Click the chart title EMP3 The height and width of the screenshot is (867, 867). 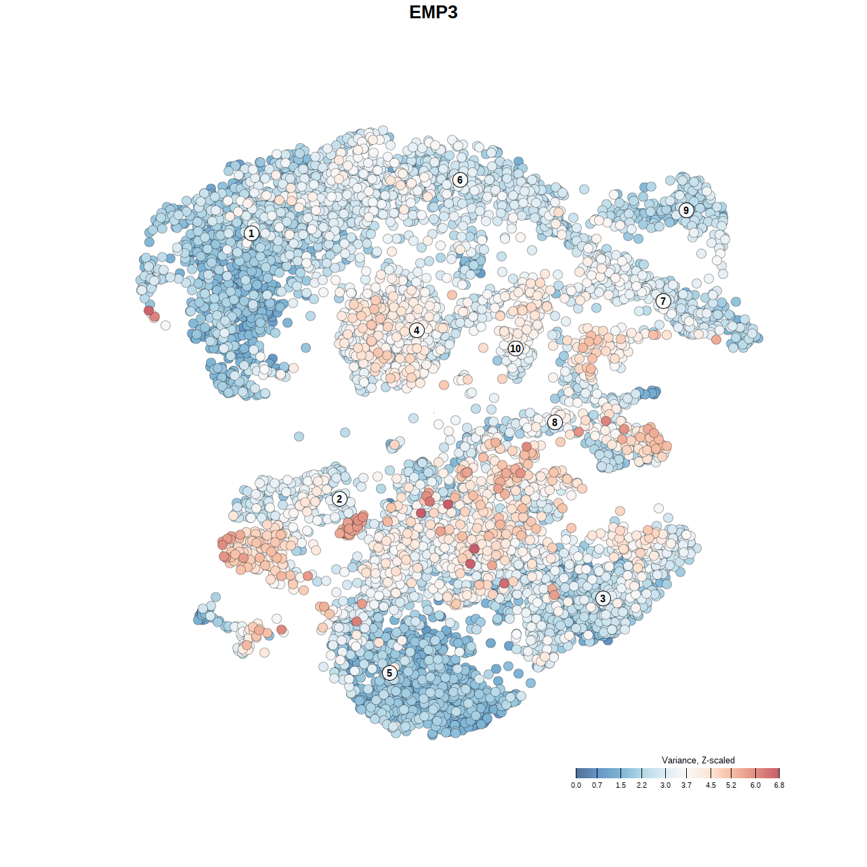click(433, 12)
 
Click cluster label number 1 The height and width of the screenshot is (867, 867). click(251, 233)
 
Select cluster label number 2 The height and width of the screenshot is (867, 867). click(339, 499)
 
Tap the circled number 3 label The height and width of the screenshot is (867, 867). click(603, 598)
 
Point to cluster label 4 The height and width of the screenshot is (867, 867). click(417, 330)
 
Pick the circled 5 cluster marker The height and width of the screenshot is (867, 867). click(389, 673)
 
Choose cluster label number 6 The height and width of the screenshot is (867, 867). click(460, 179)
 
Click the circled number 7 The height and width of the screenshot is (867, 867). click(663, 301)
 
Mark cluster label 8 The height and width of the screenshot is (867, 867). click(555, 422)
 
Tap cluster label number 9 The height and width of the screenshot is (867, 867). click(686, 210)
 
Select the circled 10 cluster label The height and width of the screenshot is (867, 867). click(515, 348)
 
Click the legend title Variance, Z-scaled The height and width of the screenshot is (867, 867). click(698, 760)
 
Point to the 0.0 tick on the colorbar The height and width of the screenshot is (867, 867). click(576, 785)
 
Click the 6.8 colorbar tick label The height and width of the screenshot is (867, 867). click(779, 785)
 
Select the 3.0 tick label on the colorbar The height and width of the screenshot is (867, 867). click(666, 785)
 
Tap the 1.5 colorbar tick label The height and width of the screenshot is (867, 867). click(620, 785)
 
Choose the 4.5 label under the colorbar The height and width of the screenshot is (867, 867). click(711, 785)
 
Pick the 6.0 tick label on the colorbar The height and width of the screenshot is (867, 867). click(755, 785)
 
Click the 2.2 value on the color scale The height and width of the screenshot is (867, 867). click(641, 785)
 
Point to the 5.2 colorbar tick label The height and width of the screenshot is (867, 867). click(732, 785)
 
